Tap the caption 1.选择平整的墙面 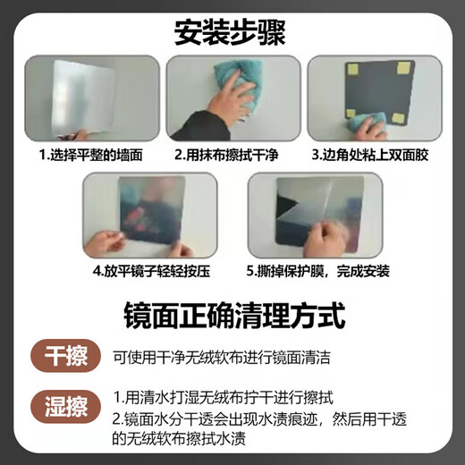pyautogui.click(x=87, y=154)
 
